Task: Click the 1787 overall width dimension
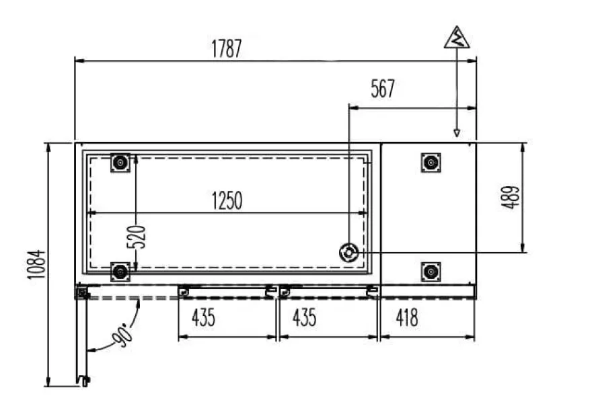pos(226,48)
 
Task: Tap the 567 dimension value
pos(383,89)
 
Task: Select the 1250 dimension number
pos(227,201)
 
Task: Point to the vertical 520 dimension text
pos(136,237)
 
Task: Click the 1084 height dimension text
pos(36,264)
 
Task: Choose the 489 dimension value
pos(510,197)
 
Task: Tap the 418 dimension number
pos(407,317)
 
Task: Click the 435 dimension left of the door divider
pos(203,317)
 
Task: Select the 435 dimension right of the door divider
pos(304,317)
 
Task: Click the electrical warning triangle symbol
pos(457,38)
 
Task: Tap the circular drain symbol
pos(348,252)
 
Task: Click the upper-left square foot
pos(120,163)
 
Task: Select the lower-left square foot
pos(120,272)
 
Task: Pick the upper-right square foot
pos(431,163)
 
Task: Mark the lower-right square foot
pos(431,272)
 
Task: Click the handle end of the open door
pos(83,381)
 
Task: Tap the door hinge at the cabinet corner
pos(81,292)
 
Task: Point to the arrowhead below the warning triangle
pos(457,133)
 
